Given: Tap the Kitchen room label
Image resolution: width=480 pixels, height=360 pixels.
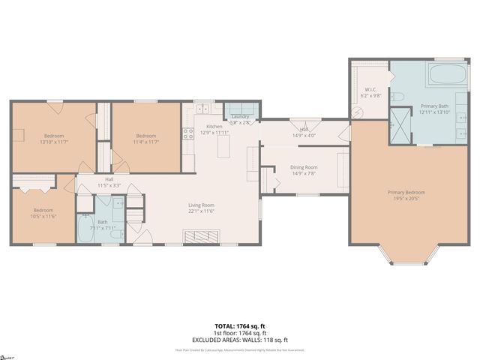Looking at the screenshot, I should pyautogui.click(x=214, y=127).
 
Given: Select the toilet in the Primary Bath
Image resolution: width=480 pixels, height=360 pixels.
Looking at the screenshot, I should pyautogui.click(x=398, y=96).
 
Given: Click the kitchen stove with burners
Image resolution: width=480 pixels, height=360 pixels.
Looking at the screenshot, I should pyautogui.click(x=188, y=134).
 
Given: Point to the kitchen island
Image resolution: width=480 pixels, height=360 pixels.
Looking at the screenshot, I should pyautogui.click(x=223, y=148).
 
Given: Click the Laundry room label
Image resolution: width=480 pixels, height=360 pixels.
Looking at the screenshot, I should pyautogui.click(x=240, y=116).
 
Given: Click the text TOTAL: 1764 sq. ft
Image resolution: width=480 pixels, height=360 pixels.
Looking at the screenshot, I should pyautogui.click(x=240, y=327).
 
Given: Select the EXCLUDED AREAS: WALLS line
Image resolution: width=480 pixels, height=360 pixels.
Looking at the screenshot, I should pyautogui.click(x=240, y=340).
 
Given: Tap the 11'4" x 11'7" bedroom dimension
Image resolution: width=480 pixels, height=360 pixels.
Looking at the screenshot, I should pyautogui.click(x=145, y=142).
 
